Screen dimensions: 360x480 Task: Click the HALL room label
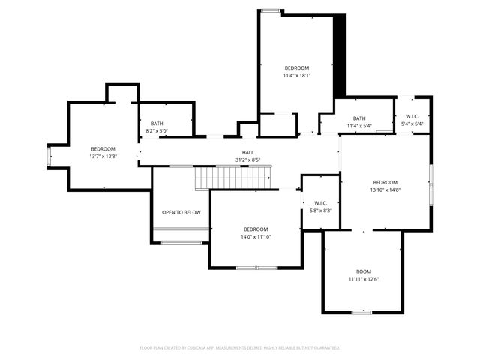pos(237,152)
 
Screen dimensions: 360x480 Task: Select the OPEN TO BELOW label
pos(181,212)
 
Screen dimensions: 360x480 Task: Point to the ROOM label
pos(363,271)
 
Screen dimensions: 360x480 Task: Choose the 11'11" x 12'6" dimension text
pos(363,279)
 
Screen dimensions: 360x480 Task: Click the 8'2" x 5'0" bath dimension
pos(157,131)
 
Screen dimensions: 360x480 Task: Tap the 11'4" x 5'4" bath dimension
pos(359,125)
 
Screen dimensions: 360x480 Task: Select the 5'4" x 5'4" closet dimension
pos(412,124)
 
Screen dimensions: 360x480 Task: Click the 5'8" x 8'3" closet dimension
pos(320,210)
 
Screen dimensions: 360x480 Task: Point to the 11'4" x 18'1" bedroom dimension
pos(296,75)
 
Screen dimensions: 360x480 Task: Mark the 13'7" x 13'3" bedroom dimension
pos(103,156)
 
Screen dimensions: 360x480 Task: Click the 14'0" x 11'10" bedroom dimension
pos(256,236)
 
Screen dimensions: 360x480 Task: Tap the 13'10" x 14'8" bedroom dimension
pos(385,190)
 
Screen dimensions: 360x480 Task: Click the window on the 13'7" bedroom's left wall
pos(49,156)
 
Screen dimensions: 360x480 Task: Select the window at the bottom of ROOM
pos(362,311)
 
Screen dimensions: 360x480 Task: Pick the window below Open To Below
pos(181,241)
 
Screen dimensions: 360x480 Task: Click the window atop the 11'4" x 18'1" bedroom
pos(271,10)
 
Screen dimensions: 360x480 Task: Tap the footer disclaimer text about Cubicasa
pos(240,347)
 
